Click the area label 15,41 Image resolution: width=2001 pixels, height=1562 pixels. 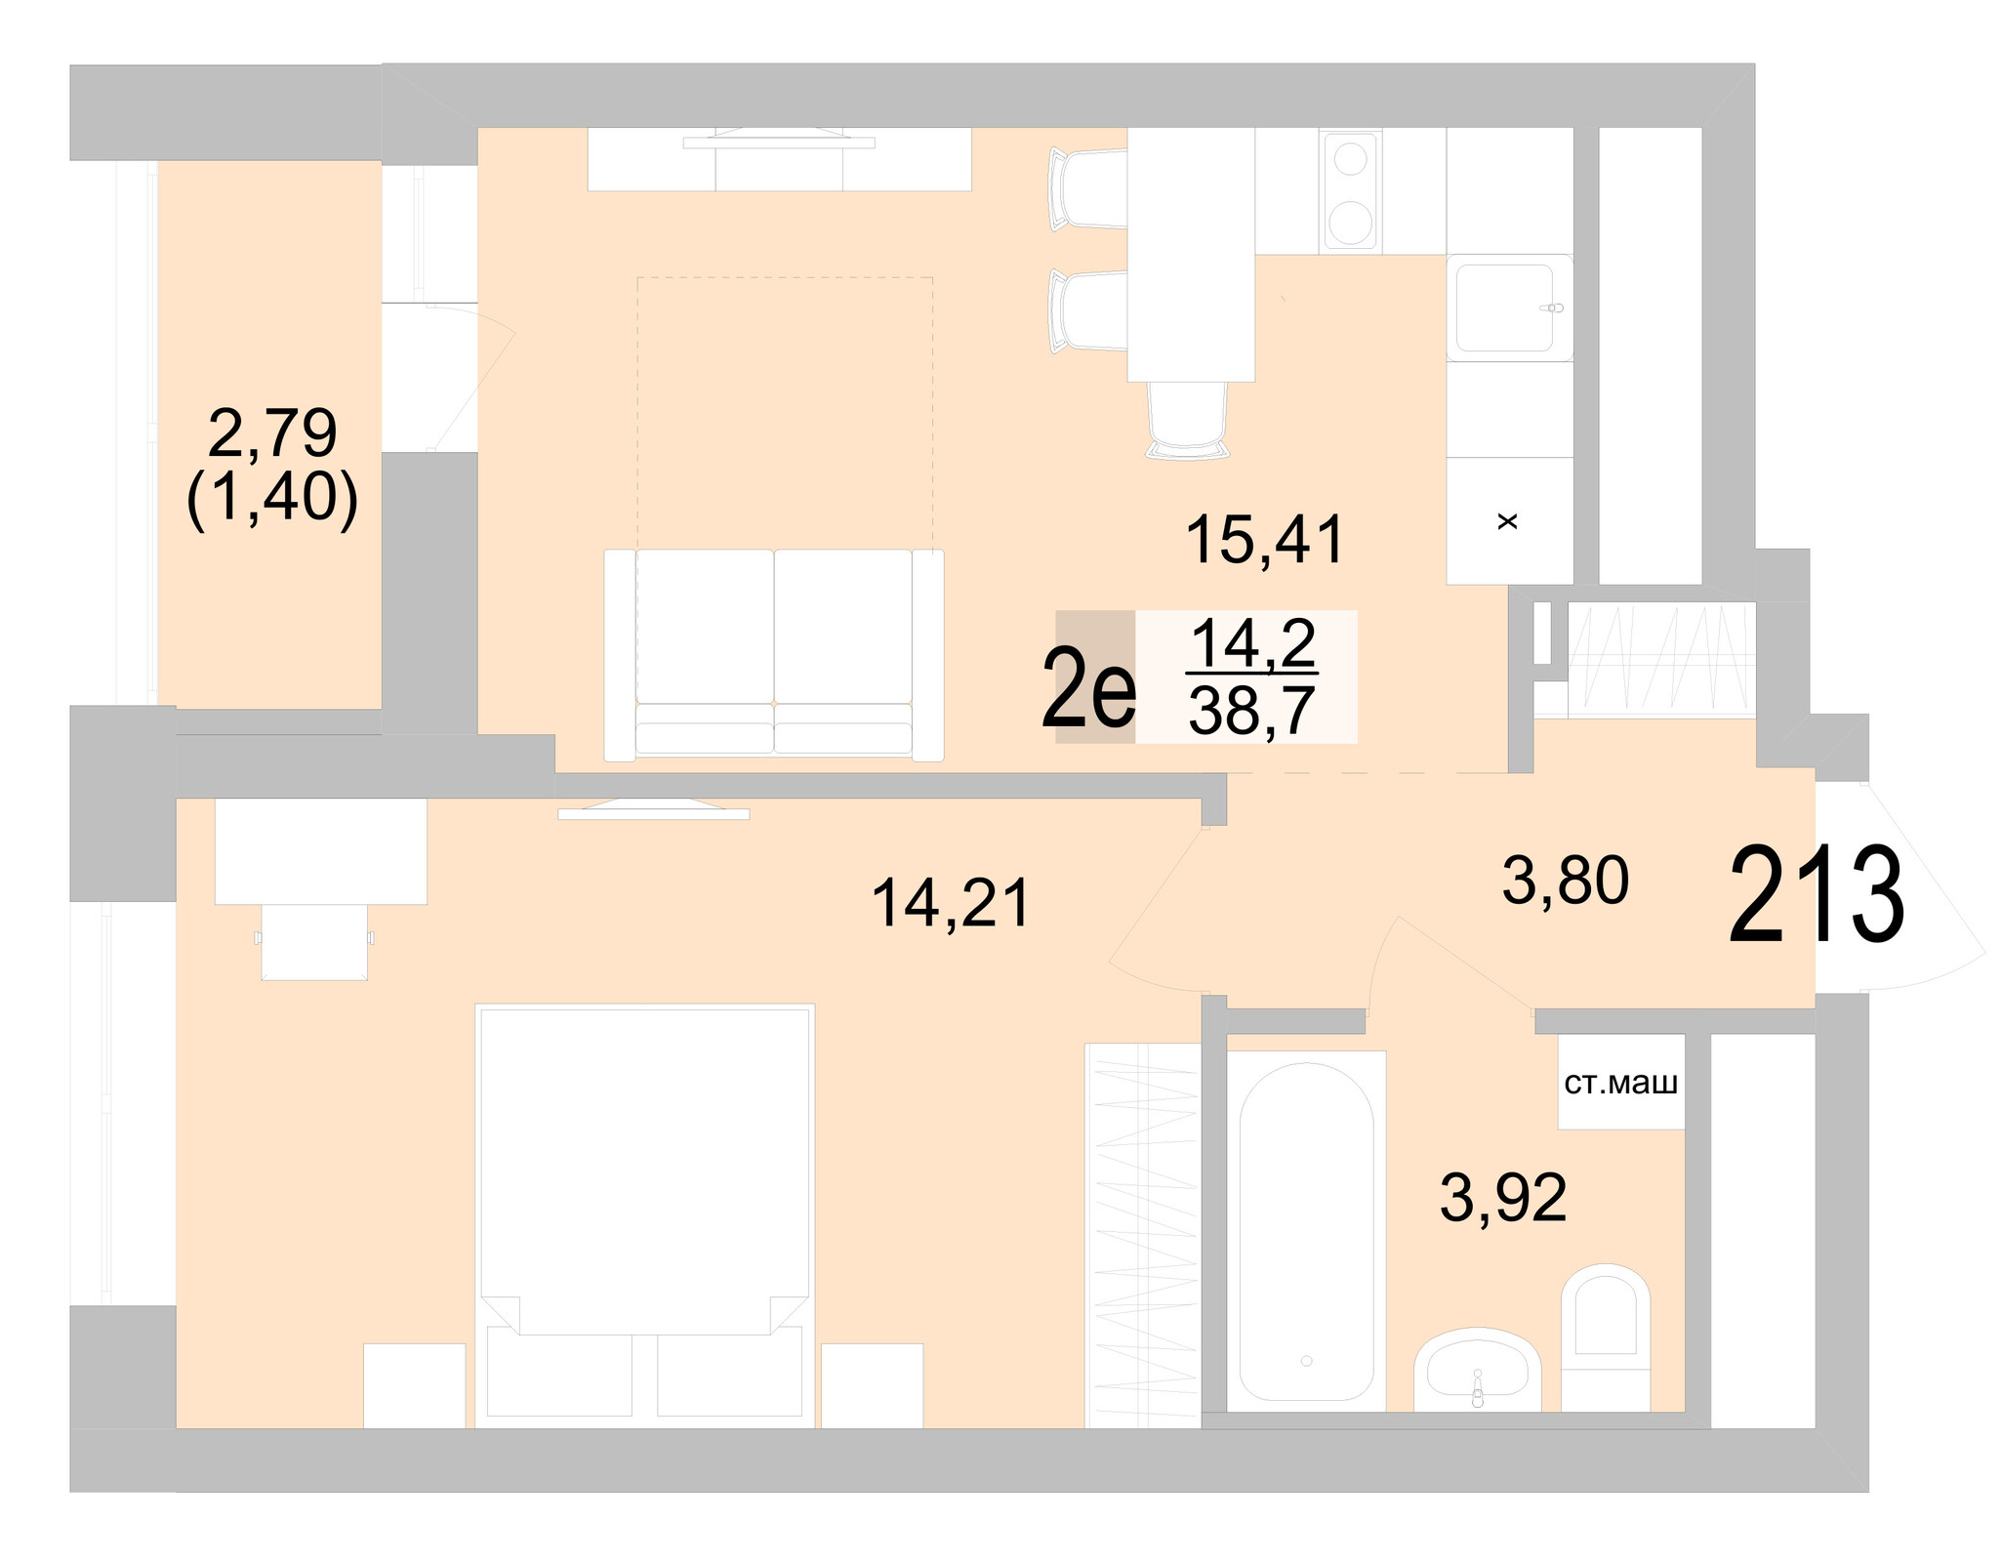1265,541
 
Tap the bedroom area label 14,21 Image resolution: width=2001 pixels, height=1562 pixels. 950,903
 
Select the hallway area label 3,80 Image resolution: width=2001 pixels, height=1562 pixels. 1565,881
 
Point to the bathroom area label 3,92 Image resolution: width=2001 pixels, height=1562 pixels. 1502,1198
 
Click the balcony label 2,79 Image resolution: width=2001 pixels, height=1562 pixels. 272,433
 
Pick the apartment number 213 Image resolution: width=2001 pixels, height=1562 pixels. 1816,897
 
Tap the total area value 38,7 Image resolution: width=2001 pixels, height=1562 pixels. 1252,712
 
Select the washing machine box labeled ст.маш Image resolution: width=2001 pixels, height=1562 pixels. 1620,1083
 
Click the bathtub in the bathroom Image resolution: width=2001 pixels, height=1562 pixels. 1306,1235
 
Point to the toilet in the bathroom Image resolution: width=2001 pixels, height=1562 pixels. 1605,1338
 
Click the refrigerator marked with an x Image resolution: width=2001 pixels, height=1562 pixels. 1508,522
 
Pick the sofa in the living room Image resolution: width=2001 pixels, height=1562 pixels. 774,654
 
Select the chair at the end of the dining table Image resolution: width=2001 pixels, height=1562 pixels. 1188,420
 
